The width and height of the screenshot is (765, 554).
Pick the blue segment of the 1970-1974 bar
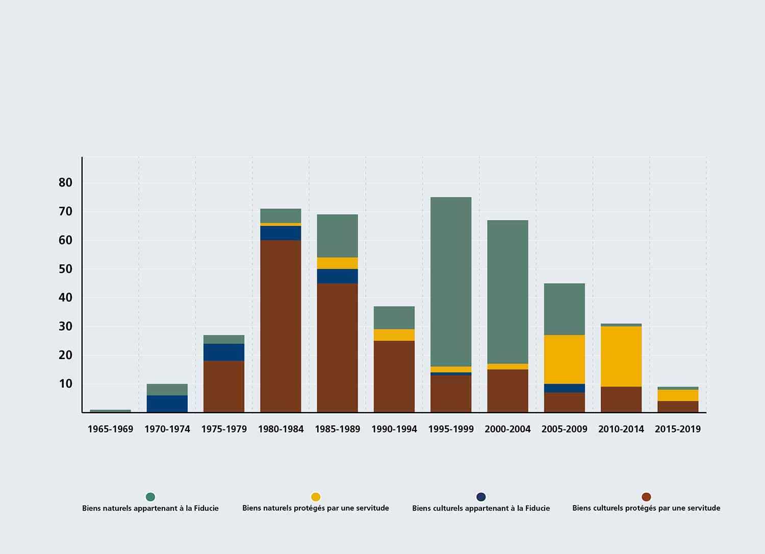click(x=167, y=404)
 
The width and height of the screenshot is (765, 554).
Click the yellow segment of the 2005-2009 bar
click(x=565, y=359)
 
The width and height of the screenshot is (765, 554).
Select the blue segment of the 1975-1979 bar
click(x=224, y=352)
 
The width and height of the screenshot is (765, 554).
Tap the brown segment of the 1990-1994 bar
click(x=394, y=376)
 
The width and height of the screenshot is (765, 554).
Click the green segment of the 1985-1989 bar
click(x=338, y=236)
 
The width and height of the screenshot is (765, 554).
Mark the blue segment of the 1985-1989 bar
click(x=338, y=276)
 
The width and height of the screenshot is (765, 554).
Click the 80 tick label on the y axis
click(x=66, y=183)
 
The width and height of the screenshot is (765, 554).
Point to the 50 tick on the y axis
click(x=66, y=269)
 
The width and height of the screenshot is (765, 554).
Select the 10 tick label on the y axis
click(x=66, y=384)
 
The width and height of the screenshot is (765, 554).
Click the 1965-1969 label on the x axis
click(x=110, y=429)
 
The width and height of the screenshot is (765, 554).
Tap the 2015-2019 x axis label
click(x=678, y=429)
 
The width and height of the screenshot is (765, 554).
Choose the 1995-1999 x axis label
click(x=451, y=429)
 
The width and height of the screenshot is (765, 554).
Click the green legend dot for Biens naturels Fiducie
click(x=150, y=497)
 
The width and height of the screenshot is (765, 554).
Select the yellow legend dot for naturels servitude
click(x=316, y=497)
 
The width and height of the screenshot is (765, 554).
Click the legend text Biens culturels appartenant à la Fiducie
click(x=481, y=508)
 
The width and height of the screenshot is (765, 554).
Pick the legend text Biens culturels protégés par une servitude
click(x=646, y=508)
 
